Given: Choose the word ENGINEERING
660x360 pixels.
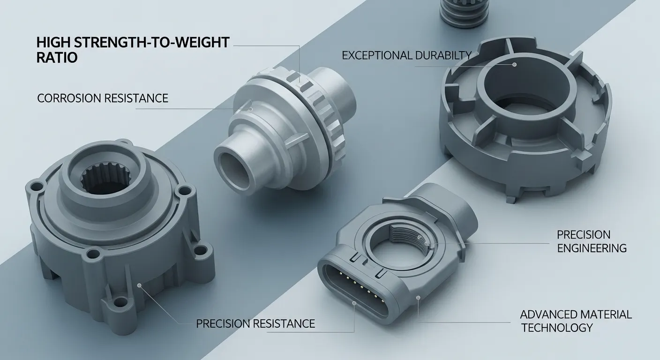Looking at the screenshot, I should [x=592, y=248].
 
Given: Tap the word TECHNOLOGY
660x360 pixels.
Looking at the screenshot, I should [x=557, y=328].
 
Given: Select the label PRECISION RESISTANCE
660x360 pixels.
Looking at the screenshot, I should [x=255, y=323].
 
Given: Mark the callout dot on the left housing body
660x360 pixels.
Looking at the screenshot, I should [x=139, y=284].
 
